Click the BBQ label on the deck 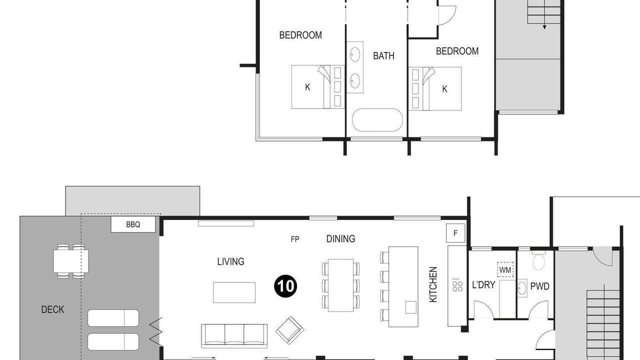coord(133,224)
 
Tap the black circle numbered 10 coord(285,286)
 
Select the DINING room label coord(340,239)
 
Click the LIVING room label coord(230,261)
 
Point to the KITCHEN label coord(433,284)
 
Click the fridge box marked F coord(455,233)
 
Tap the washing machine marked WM coord(505,269)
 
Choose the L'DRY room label coord(483,285)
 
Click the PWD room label coord(539,286)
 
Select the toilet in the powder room coord(538,260)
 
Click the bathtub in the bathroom coord(377,120)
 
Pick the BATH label coord(383,55)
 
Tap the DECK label coord(52,309)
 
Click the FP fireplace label coord(295,239)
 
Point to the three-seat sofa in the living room coord(234,336)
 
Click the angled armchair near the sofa coord(289,330)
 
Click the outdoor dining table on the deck coord(71,261)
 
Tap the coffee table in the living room coord(234,292)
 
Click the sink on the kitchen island coord(411,307)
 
